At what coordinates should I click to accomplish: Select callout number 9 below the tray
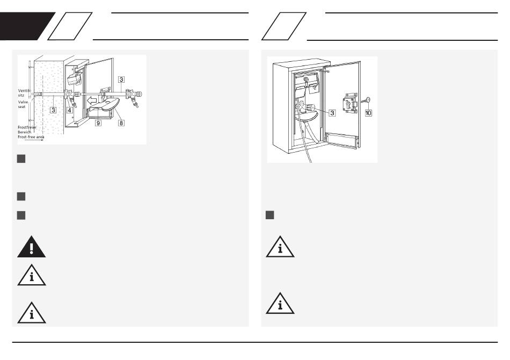pos(98,123)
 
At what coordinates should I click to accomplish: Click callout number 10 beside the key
pos(368,113)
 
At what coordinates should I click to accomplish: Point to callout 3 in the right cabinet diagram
pos(332,113)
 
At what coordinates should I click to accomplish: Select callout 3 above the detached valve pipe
pos(122,80)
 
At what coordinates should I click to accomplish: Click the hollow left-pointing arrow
pos(94,99)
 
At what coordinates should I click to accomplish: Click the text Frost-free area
pos(31,138)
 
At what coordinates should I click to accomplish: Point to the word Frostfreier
pos(27,127)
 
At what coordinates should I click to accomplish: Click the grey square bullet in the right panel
pos(270,215)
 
